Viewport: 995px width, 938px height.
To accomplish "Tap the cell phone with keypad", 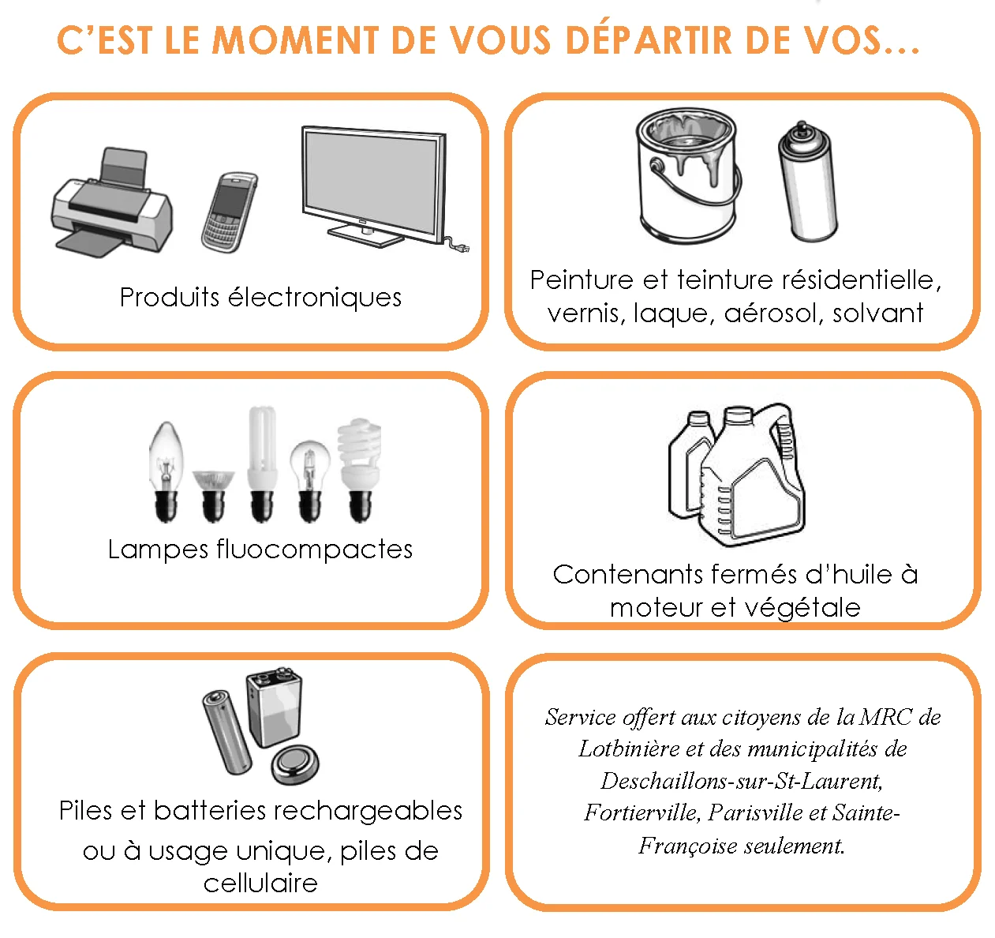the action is tap(230, 212).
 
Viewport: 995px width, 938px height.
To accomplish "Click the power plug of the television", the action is tap(459, 246).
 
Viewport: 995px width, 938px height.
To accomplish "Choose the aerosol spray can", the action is tap(807, 181).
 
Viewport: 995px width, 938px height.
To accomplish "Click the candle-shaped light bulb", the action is tap(166, 471).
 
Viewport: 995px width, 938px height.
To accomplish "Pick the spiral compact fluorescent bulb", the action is tap(360, 470).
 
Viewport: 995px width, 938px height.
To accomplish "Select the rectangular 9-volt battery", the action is tap(275, 708).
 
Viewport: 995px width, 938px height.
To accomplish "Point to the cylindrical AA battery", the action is tap(227, 733).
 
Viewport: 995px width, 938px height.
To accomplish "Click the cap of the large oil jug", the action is tap(738, 415).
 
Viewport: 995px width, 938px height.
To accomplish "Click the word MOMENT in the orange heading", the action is tap(296, 40).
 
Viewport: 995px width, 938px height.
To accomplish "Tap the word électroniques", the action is tap(315, 297).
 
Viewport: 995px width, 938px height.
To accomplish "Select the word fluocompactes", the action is tap(315, 549).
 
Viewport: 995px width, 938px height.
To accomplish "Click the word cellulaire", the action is tap(260, 884).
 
